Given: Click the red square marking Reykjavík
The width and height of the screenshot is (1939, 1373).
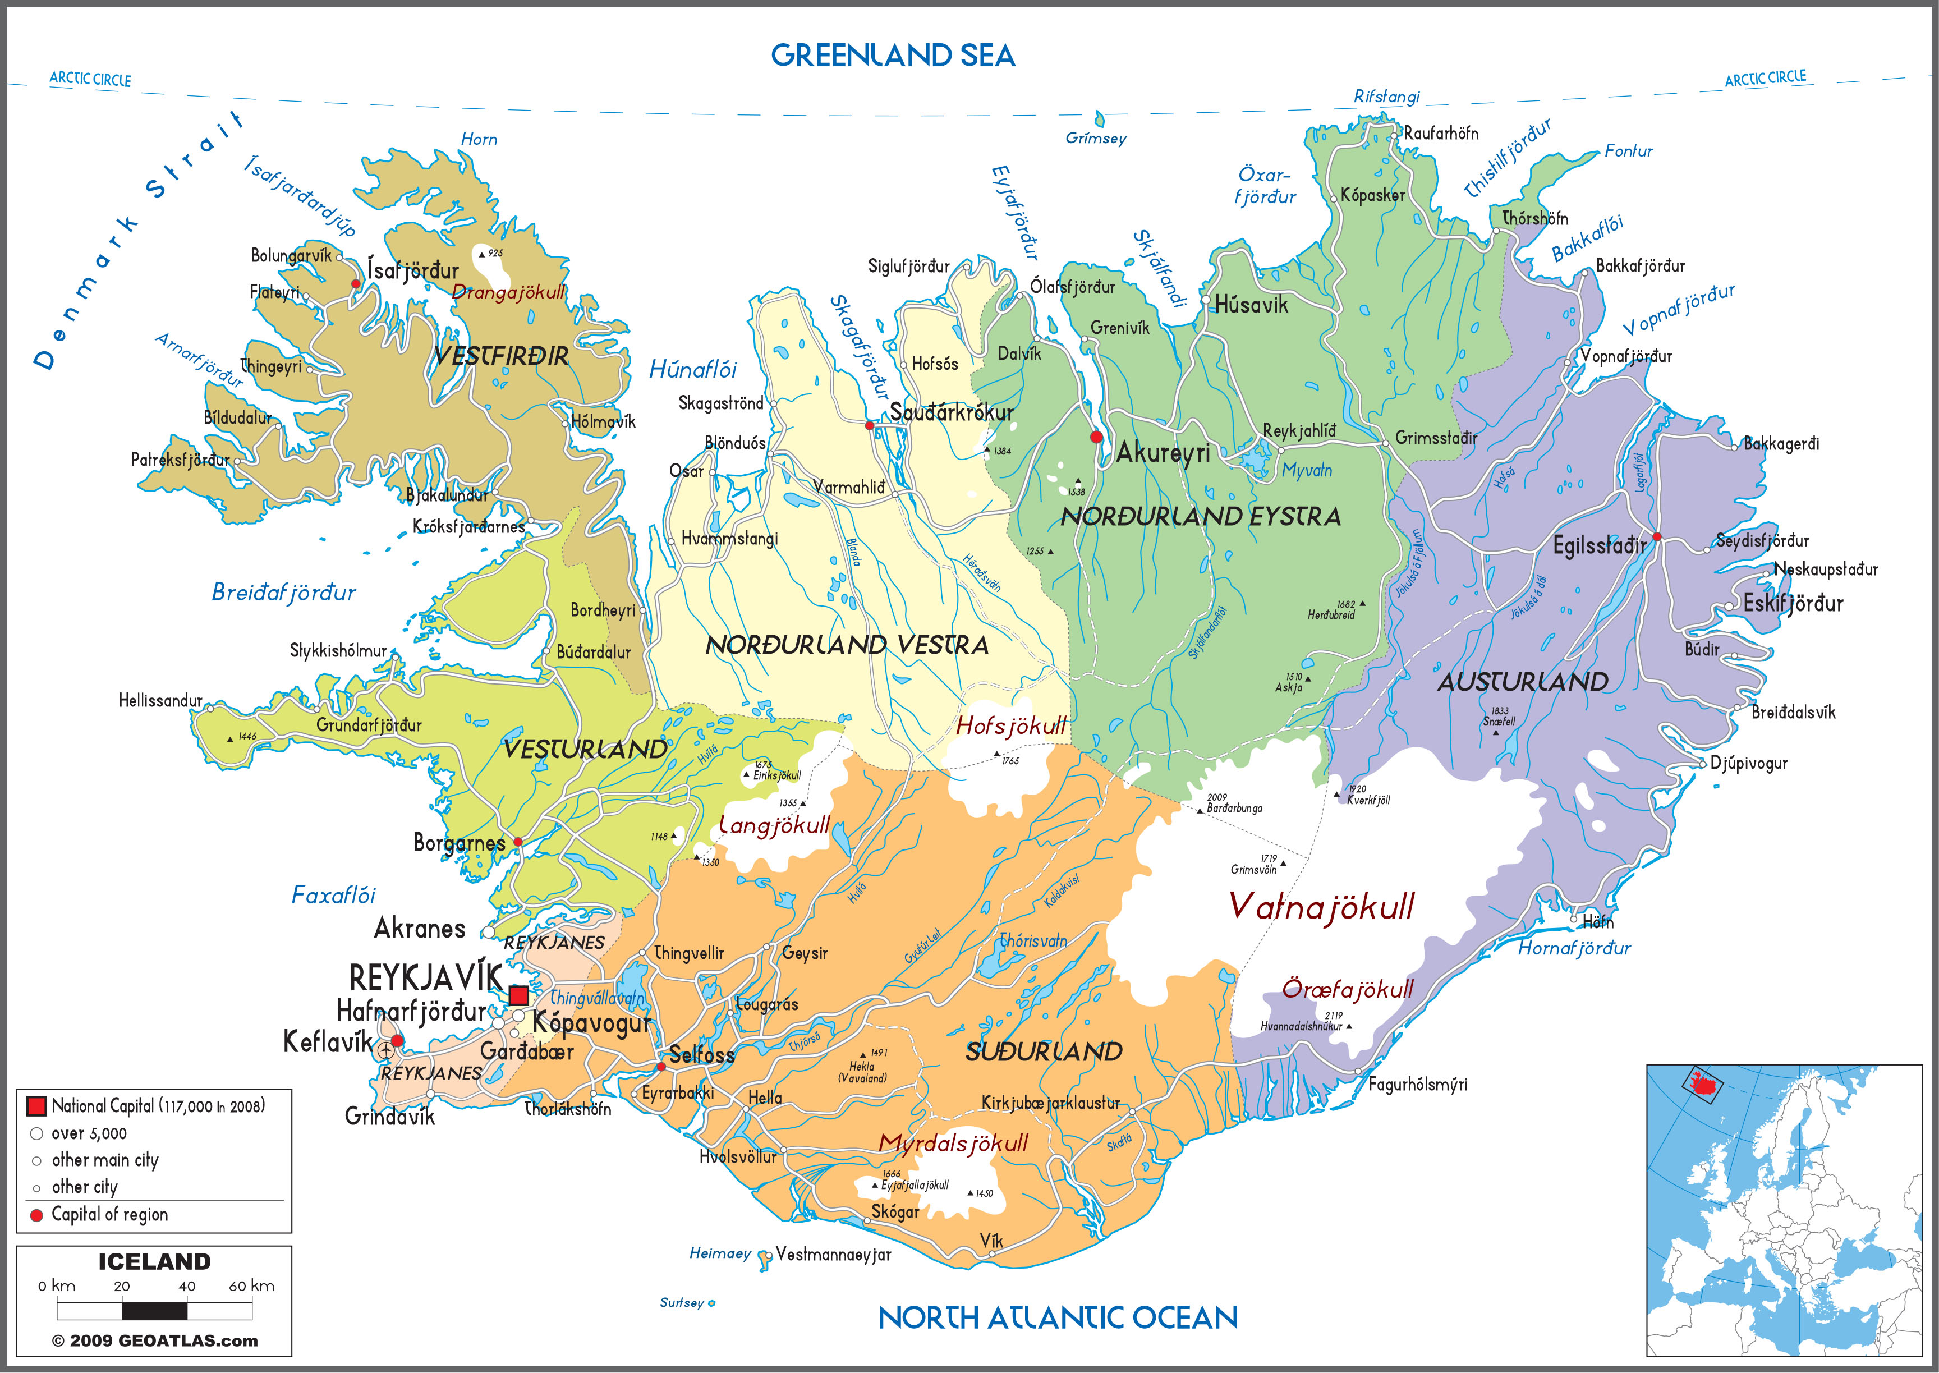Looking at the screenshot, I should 518,995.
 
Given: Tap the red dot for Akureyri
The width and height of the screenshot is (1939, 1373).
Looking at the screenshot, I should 1096,437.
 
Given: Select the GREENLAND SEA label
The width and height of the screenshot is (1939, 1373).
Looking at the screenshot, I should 893,56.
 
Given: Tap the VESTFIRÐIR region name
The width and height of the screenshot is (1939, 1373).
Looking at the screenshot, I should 501,356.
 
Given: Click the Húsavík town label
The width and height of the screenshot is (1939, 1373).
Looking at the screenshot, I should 1251,305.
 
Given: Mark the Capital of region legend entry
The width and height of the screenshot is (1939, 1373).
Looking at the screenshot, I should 109,1215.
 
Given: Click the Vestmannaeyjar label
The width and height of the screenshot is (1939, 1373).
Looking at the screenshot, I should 833,1255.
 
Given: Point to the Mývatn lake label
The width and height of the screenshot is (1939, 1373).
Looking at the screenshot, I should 1307,471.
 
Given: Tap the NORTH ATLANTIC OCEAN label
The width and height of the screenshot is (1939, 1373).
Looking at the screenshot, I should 1058,1318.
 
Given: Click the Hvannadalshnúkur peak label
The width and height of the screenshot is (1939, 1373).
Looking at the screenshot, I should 1301,1026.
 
